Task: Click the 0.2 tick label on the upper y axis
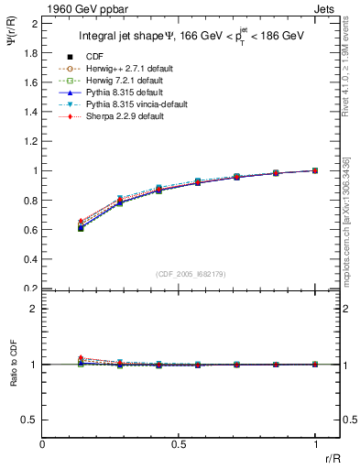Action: (x=29, y=288)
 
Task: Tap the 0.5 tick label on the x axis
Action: (x=179, y=444)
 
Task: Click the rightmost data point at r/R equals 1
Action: (x=315, y=170)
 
